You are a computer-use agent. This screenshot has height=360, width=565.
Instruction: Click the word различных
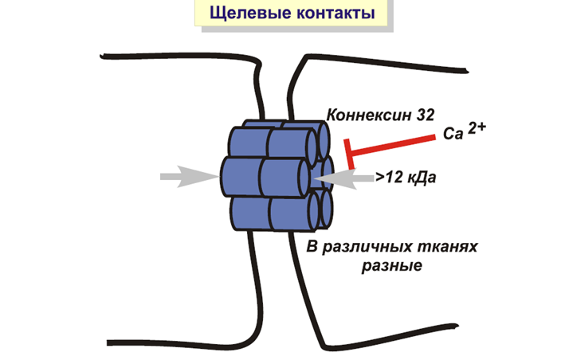point(363,248)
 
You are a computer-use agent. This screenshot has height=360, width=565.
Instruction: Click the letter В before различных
point(312,248)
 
